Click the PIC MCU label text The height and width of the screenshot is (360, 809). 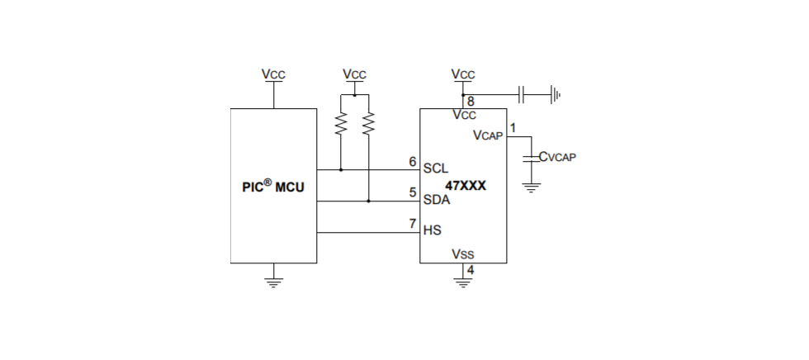(x=273, y=187)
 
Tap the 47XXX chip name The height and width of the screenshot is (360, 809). (x=466, y=186)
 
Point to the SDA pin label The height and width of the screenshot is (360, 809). (x=437, y=200)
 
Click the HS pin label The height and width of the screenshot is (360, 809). (x=432, y=230)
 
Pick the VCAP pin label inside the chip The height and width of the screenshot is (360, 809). (x=488, y=135)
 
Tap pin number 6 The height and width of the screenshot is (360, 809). (x=413, y=161)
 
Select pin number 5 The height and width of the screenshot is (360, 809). (x=413, y=192)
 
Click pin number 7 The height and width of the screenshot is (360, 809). (x=413, y=224)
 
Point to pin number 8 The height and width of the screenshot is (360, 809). (x=470, y=102)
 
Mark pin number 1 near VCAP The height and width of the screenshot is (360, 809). (x=513, y=128)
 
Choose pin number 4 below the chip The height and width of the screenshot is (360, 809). (x=470, y=270)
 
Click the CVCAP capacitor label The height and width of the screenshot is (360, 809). (x=556, y=156)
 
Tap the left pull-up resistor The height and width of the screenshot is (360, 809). (x=340, y=124)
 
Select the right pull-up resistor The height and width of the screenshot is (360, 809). (x=368, y=124)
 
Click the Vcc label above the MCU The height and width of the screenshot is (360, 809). (x=273, y=74)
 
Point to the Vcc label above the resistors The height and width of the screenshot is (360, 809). (x=354, y=74)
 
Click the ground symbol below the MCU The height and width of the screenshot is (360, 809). (x=273, y=279)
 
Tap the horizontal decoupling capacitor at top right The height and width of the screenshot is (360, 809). (x=522, y=94)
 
